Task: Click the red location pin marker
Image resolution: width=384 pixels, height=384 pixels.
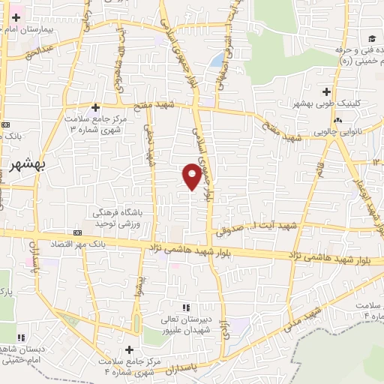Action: click(192, 175)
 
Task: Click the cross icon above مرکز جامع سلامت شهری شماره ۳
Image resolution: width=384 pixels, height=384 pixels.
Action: click(95, 107)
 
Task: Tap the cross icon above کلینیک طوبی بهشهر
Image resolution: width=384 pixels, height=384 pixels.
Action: click(326, 91)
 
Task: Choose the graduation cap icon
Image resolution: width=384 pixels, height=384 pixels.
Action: click(371, 39)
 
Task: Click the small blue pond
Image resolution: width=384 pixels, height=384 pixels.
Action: click(217, 59)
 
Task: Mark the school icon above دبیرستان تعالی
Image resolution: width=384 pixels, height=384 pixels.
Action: click(187, 307)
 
